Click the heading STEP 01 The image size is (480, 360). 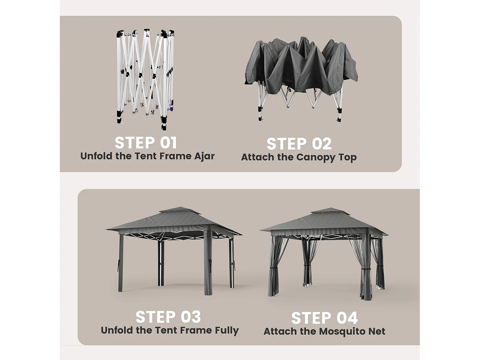pos(146,143)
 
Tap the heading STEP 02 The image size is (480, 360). pos(299,144)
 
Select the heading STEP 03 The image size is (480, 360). pos(168,317)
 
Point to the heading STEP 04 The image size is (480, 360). pos(324,318)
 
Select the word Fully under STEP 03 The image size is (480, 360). pos(227,331)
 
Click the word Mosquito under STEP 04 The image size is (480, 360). pos(342,332)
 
